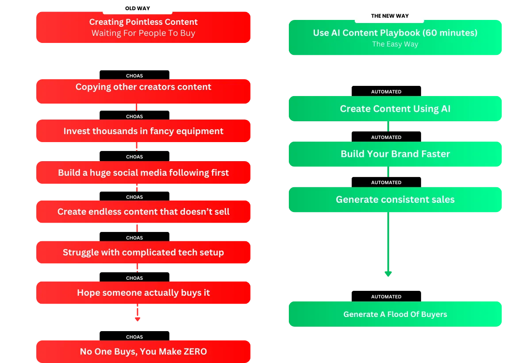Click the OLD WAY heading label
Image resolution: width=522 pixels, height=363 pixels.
click(x=138, y=8)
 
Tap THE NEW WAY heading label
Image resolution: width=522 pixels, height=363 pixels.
click(x=390, y=16)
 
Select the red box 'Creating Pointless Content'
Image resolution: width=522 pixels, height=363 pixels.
click(x=143, y=27)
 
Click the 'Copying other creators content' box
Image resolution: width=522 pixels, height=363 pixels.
click(x=143, y=91)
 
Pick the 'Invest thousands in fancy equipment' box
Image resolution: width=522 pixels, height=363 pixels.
click(x=143, y=131)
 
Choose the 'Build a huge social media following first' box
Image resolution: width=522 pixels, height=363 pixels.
click(x=143, y=173)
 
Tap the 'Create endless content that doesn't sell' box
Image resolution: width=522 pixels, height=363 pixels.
click(x=143, y=212)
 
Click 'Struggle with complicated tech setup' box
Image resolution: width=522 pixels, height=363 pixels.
click(x=143, y=252)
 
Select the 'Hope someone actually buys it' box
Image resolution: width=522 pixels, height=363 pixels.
click(x=143, y=293)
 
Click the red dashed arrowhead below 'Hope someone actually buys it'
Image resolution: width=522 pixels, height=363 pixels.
click(x=138, y=319)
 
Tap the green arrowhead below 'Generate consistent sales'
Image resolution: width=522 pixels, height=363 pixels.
click(x=388, y=274)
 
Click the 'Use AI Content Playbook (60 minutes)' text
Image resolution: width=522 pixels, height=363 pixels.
click(x=395, y=33)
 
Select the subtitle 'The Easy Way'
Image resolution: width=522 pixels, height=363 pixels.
click(x=395, y=44)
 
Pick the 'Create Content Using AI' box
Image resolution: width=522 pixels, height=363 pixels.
click(x=395, y=108)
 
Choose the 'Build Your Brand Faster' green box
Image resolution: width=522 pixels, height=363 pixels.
click(x=395, y=154)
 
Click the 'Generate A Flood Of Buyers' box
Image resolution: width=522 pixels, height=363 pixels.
click(x=395, y=314)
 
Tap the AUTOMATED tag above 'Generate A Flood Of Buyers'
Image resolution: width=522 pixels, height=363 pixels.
click(x=386, y=297)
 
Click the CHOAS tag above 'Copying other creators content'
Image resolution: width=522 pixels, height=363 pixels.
click(x=134, y=75)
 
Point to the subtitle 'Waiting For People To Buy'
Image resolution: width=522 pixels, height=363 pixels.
click(x=143, y=33)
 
